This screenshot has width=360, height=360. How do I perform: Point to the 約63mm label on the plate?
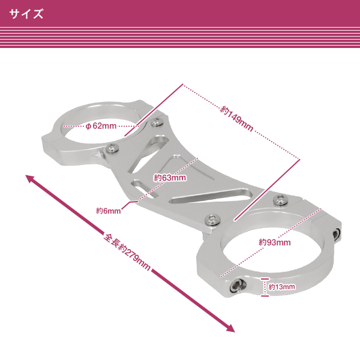(170, 178)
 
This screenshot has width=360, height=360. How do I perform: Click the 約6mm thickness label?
(108, 211)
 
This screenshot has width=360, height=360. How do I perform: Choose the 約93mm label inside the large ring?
(275, 242)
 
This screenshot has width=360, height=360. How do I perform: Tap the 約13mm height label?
(281, 287)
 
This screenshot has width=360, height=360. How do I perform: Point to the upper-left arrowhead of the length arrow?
(29, 178)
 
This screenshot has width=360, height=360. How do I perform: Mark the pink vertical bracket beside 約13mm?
(264, 287)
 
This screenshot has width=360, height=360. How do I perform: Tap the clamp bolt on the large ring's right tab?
(337, 233)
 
